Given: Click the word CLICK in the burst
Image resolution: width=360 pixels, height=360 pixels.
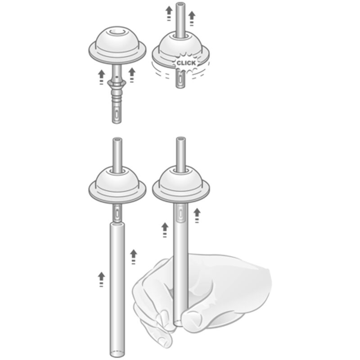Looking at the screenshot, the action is [x=186, y=63].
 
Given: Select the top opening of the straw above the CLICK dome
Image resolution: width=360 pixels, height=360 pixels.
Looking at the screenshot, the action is [x=180, y=4].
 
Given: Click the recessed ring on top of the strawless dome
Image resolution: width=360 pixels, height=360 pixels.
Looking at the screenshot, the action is [x=117, y=31].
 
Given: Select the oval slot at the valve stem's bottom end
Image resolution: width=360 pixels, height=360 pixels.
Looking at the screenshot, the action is [x=117, y=114].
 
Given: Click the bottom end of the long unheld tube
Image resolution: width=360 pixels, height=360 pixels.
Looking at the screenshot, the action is [x=117, y=354].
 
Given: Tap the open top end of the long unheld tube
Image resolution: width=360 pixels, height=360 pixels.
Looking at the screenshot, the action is [x=117, y=223].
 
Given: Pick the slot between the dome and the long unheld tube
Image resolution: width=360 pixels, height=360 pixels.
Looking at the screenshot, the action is [x=117, y=213].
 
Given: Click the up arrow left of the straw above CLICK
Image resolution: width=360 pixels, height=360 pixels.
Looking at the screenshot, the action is [x=169, y=14].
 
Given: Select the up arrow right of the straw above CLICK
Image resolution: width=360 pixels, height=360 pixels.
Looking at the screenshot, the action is [x=192, y=18].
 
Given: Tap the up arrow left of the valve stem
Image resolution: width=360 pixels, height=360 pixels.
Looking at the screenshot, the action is [x=101, y=77].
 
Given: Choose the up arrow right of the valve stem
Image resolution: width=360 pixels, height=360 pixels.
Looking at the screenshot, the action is [x=131, y=75].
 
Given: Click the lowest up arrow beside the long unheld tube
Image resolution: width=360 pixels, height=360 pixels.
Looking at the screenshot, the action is [x=101, y=279].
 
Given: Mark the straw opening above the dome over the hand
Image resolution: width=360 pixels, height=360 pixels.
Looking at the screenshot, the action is [x=181, y=139].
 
